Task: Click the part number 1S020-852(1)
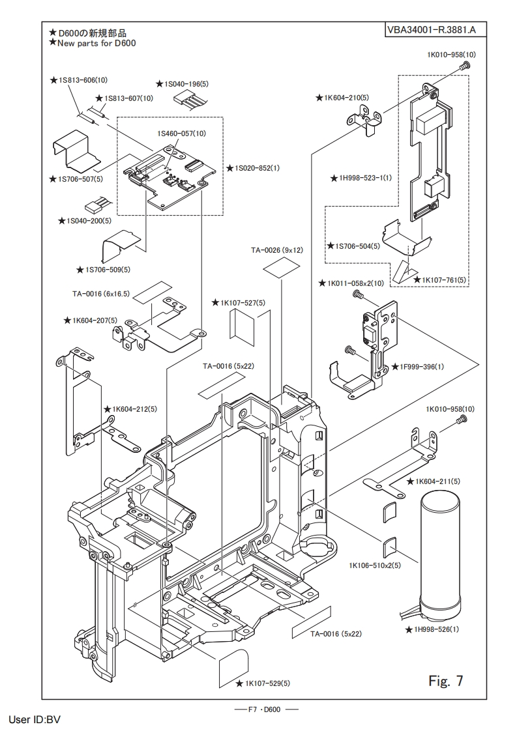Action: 256,168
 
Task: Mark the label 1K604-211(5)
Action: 433,481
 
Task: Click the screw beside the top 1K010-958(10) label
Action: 464,66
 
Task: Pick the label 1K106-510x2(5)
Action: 375,565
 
